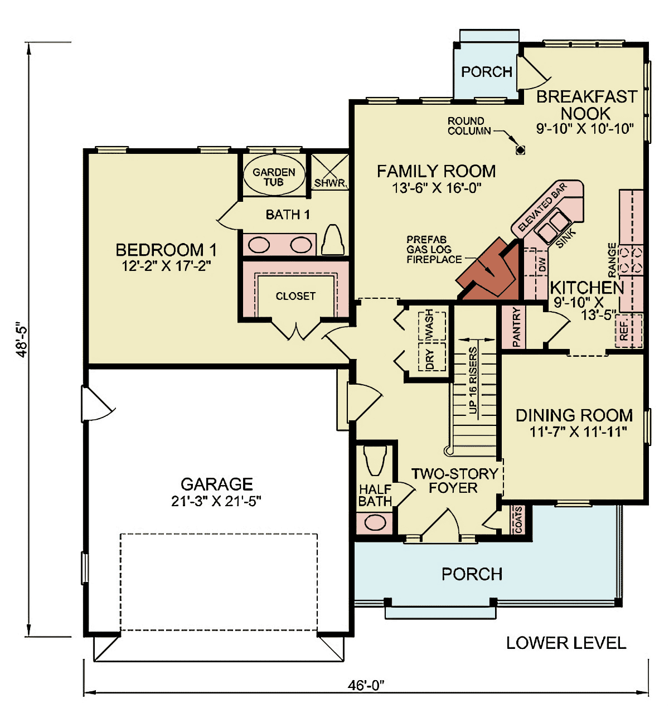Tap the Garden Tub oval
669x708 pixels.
coord(274,174)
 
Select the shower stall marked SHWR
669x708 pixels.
coord(329,172)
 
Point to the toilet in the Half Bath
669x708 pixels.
coord(375,460)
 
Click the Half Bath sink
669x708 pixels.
coord(375,523)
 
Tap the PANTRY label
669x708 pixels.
coord(516,327)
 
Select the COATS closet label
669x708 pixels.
coord(518,520)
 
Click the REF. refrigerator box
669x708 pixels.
coord(629,331)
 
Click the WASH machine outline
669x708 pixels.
coord(432,326)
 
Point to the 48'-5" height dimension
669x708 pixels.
coord(22,341)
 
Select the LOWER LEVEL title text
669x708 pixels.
coord(566,643)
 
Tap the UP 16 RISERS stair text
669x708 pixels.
coord(473,380)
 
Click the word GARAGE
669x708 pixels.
coord(216,484)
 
